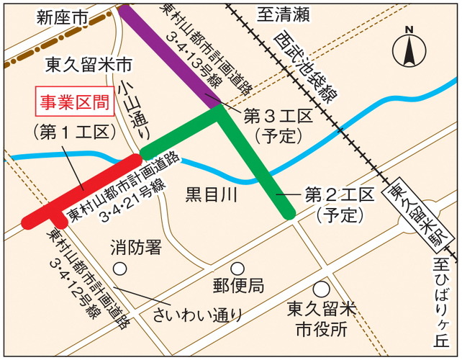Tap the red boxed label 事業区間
76,102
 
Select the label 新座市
62,17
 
